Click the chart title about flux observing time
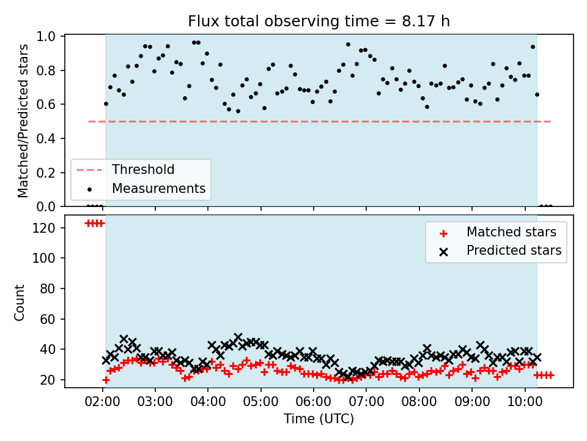click(319, 21)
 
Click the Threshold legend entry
click(143, 170)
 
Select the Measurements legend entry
click(159, 188)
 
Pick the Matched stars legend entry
click(511, 232)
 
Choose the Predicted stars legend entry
click(514, 250)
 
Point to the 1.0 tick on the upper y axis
click(46, 36)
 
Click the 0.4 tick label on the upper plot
click(46, 139)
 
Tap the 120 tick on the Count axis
click(44, 228)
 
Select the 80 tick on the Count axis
click(48, 288)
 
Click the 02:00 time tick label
click(102, 402)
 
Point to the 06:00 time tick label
click(313, 402)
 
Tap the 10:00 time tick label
click(525, 402)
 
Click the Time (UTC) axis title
click(319, 418)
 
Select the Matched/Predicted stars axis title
click(23, 121)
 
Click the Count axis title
click(20, 303)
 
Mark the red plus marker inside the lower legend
click(444, 234)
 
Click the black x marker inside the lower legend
click(444, 252)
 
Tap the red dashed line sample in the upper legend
click(89, 170)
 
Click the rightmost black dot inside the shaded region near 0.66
click(537, 94)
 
